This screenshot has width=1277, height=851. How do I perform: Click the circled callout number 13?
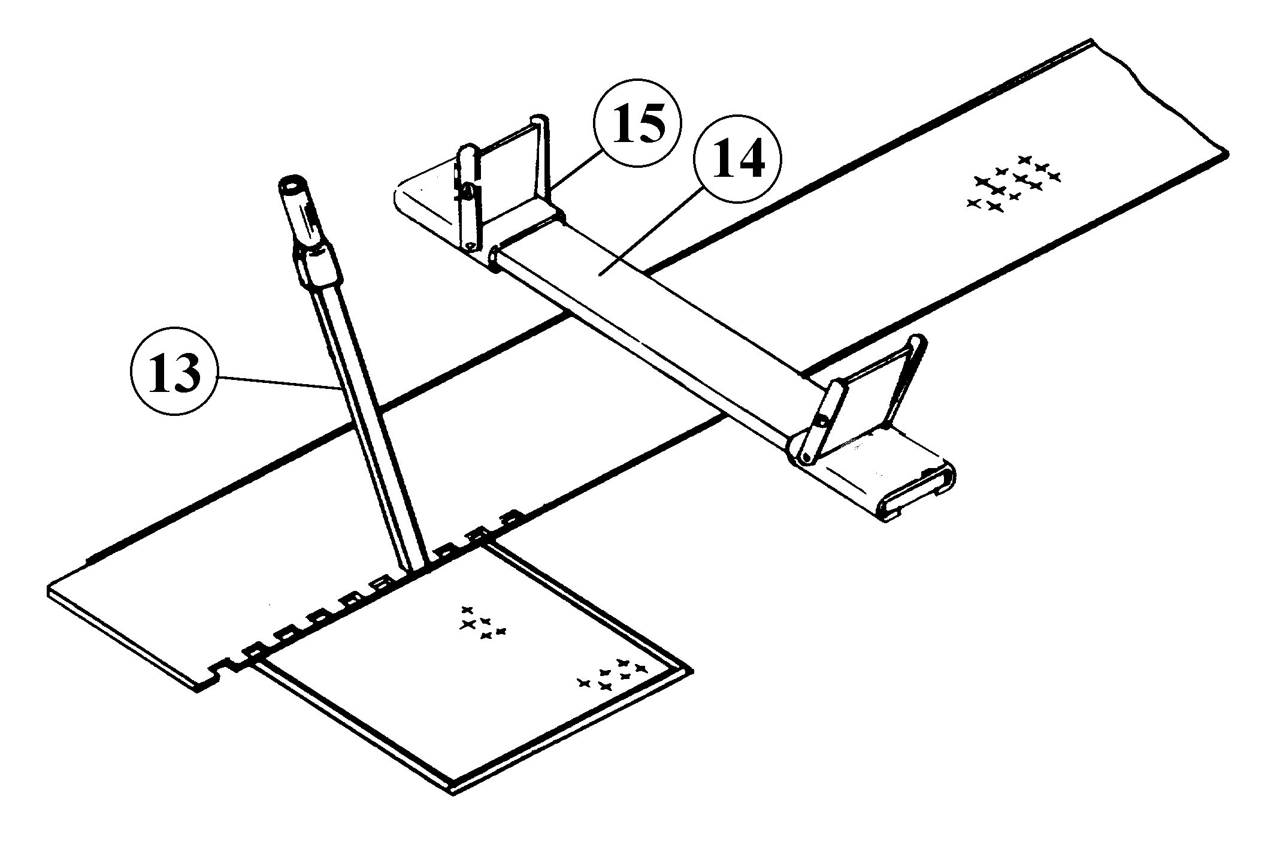pos(173,372)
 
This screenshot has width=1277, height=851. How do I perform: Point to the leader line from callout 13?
pos(276,382)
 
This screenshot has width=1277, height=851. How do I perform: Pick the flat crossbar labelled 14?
pos(647,312)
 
